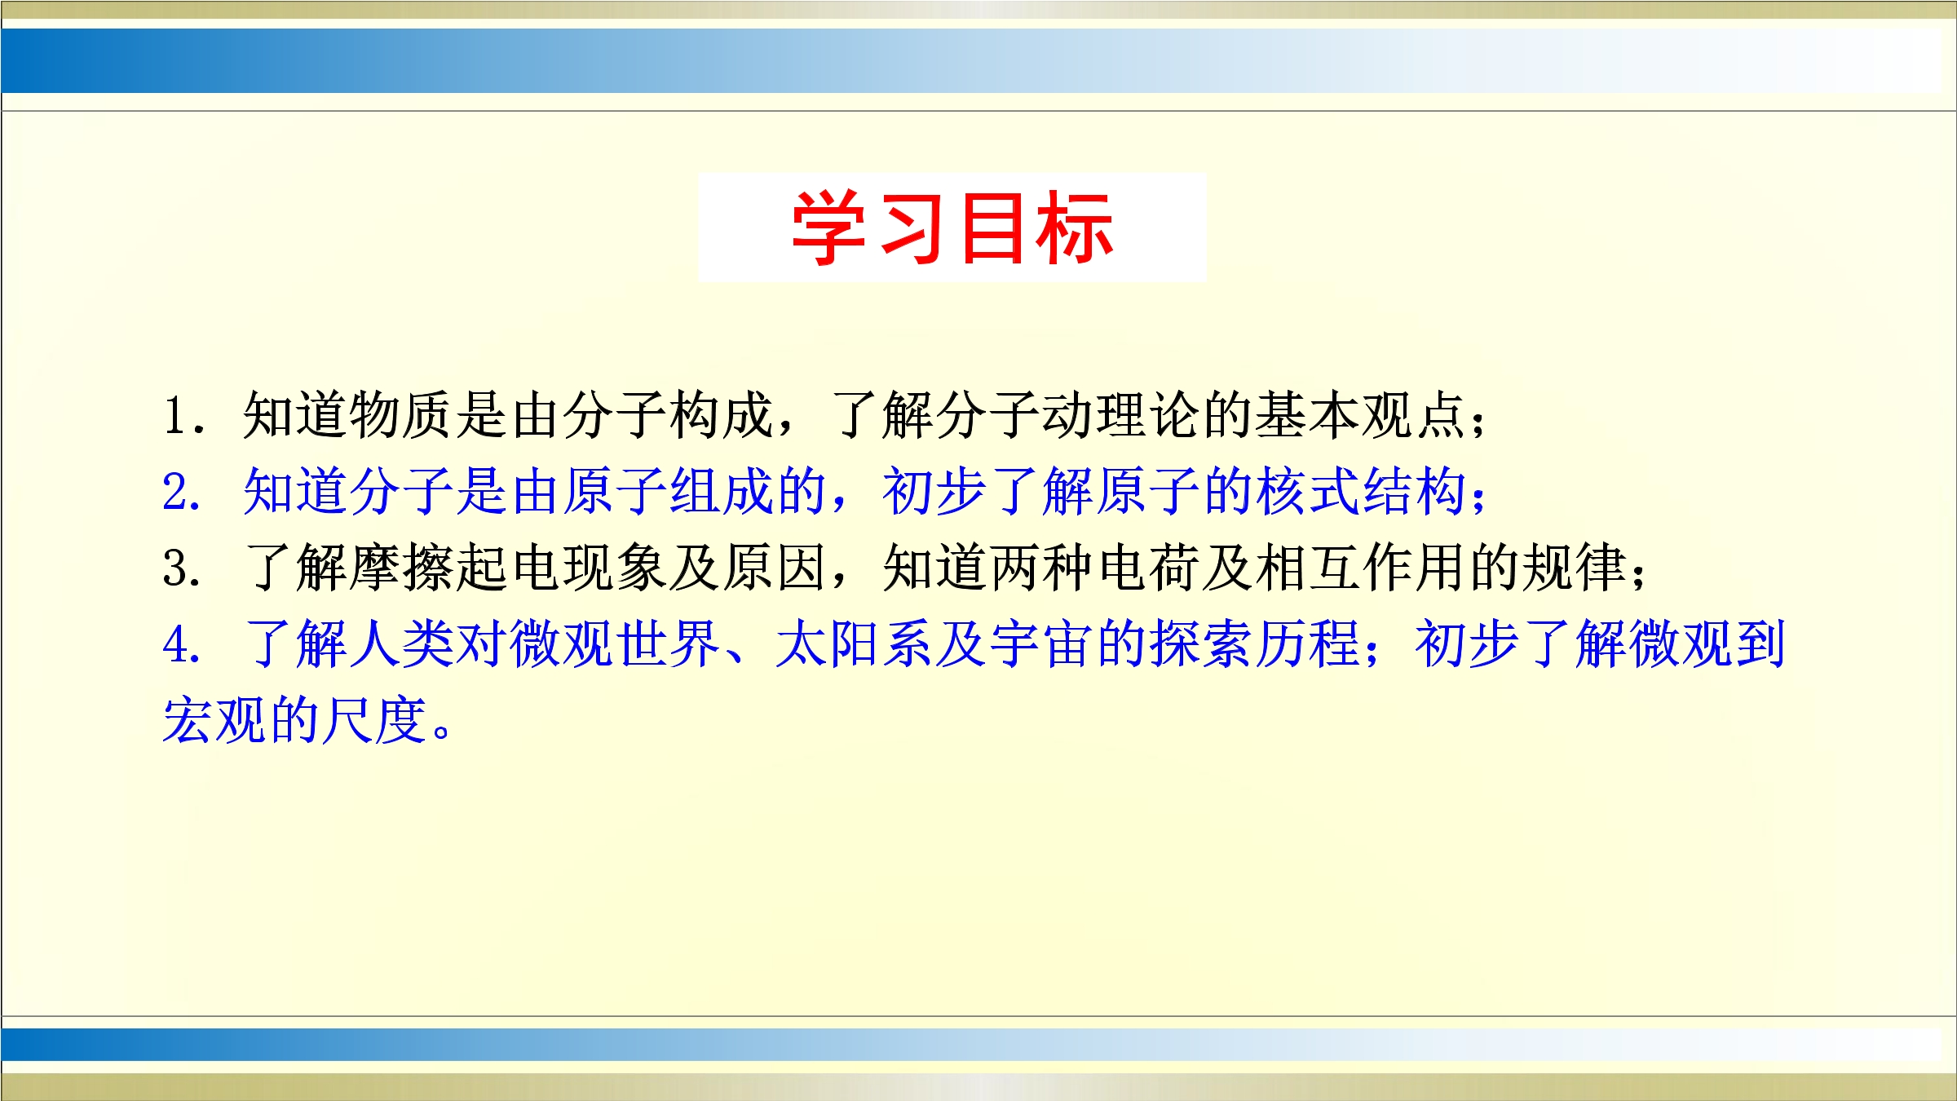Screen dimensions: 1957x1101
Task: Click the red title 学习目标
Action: coord(952,228)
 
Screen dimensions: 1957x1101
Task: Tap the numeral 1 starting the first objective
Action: coord(175,416)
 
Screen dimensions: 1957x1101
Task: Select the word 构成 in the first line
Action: coord(720,415)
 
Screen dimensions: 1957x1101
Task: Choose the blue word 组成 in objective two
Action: coord(720,492)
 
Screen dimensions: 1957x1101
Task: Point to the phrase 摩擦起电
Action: coord(454,568)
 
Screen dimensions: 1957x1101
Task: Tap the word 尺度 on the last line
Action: coord(374,720)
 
